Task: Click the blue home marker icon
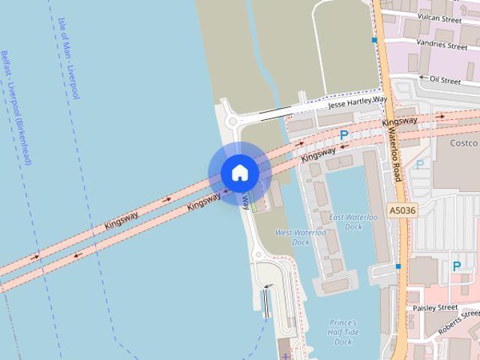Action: coord(239,173)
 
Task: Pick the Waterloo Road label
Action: coord(394,154)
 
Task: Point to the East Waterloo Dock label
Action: coord(346,221)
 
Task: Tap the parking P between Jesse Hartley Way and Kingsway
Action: coord(344,135)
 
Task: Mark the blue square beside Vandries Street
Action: coord(373,40)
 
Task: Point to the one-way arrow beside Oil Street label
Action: coord(423,78)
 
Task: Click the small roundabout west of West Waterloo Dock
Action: coord(259,256)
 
